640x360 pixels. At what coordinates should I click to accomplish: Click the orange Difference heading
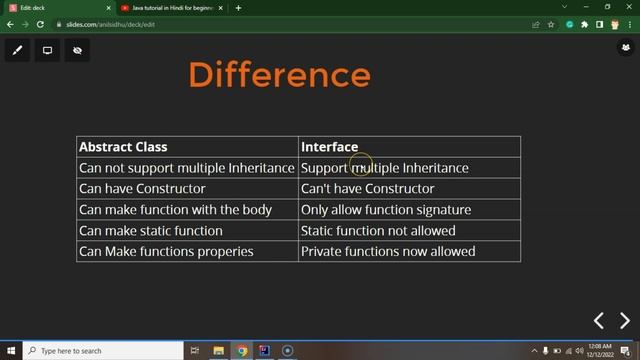pos(279,74)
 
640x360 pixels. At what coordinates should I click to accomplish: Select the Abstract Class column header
pos(123,147)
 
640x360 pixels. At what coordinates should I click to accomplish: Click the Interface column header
pos(329,147)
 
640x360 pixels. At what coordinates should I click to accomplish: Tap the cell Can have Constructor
pos(142,189)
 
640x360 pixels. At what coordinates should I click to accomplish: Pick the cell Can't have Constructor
pos(367,189)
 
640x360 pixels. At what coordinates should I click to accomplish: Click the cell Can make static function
pos(150,231)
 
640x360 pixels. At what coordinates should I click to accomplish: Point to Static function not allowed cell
pos(378,231)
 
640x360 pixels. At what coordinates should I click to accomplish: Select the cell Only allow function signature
pos(385,210)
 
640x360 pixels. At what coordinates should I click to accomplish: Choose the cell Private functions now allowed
pos(388,252)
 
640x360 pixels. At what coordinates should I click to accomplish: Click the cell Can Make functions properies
pos(166,252)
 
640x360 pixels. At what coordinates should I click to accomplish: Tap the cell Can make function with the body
pos(175,210)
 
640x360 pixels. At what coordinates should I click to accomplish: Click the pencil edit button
pos(17,50)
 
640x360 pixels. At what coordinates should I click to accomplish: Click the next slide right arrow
pos(625,321)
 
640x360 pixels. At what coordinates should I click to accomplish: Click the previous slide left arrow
pos(599,321)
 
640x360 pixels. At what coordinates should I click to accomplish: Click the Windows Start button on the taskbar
pos(10,351)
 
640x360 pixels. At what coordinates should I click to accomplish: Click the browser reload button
pos(41,24)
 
